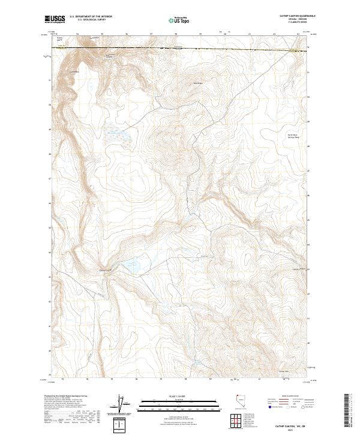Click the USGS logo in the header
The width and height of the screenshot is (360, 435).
pos(55,20)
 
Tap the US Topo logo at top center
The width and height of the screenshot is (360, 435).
pos(180,20)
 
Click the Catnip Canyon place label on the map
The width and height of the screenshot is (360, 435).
pos(106,269)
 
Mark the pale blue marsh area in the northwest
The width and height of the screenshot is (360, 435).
pos(116,137)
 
